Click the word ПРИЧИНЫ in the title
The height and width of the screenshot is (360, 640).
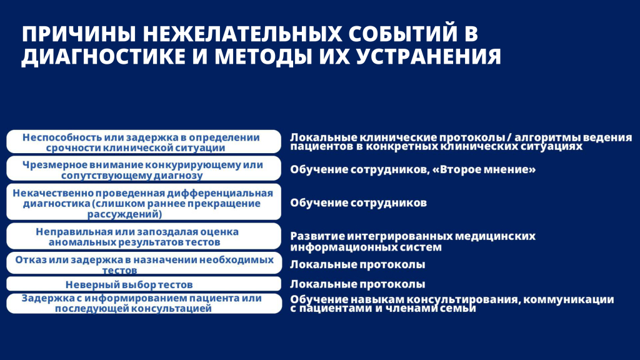pyautogui.click(x=78, y=34)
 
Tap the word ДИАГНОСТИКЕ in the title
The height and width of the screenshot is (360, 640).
pyautogui.click(x=102, y=56)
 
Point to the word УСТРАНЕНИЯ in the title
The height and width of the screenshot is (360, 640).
pyautogui.click(x=429, y=56)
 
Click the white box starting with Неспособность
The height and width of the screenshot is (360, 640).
pyautogui.click(x=144, y=142)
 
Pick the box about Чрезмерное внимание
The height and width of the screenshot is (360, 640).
pyautogui.click(x=144, y=169)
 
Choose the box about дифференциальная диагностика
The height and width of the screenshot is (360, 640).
pyautogui.click(x=144, y=202)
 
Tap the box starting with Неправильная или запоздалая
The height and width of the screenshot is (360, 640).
pyautogui.click(x=144, y=236)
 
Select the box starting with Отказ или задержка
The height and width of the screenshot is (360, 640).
pyautogui.click(x=144, y=263)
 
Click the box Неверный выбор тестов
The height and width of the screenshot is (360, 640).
pyautogui.click(x=144, y=284)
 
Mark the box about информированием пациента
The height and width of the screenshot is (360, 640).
pyautogui.click(x=144, y=303)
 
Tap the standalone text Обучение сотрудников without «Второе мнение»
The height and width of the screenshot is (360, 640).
pyautogui.click(x=358, y=203)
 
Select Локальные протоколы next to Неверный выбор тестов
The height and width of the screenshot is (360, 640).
pyautogui.click(x=357, y=284)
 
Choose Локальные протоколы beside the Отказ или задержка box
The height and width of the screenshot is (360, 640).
pyautogui.click(x=357, y=264)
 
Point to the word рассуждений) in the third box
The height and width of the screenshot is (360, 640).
pyautogui.click(x=124, y=214)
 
